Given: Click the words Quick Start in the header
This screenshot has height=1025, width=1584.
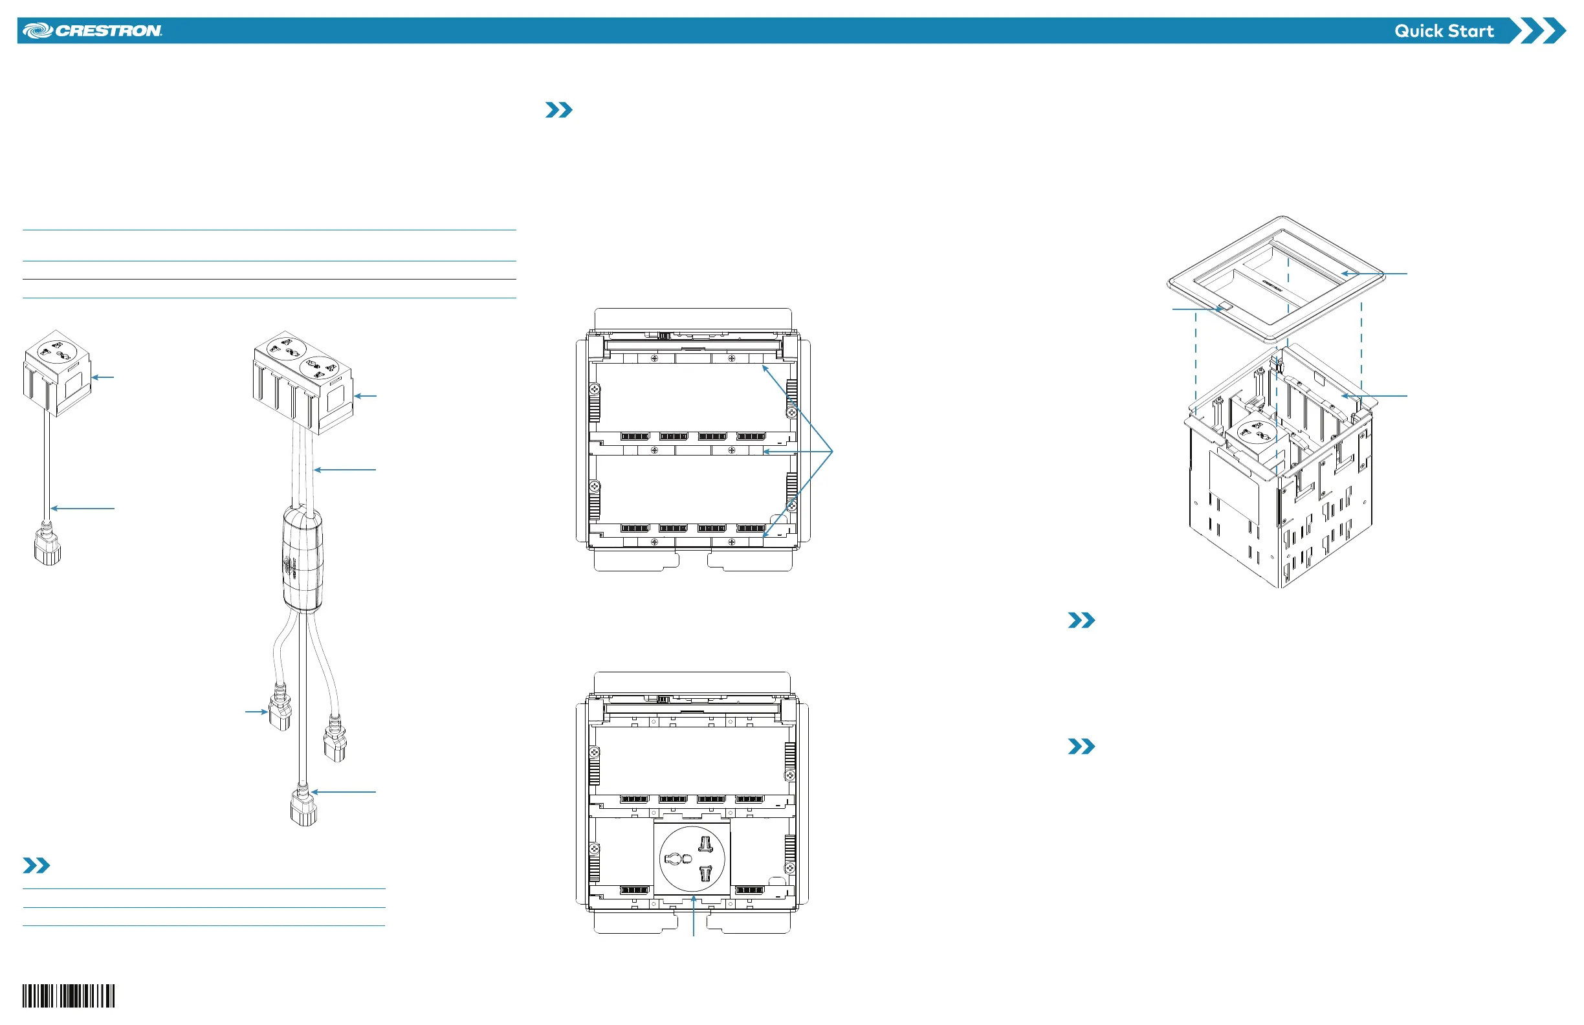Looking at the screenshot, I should [1444, 31].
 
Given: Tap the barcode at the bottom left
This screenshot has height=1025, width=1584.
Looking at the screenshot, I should [69, 996].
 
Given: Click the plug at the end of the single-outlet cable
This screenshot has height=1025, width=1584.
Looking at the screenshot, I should [47, 549].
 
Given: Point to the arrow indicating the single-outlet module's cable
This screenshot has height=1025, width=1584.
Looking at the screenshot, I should [83, 509].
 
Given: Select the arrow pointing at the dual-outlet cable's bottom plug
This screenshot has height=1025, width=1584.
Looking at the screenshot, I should [344, 792].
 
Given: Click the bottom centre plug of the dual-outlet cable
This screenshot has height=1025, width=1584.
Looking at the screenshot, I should [303, 808].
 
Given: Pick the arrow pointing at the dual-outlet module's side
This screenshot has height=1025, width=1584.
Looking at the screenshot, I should [366, 396].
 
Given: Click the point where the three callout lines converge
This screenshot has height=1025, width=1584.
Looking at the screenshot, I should [833, 452].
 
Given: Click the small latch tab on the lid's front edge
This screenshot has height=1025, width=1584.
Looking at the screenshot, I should [1225, 307].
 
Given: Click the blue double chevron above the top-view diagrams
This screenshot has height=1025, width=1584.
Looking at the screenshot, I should [558, 110].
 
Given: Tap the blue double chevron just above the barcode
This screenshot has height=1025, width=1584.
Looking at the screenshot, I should [36, 865].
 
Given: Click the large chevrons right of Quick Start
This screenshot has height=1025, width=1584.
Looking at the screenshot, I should [1538, 31].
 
